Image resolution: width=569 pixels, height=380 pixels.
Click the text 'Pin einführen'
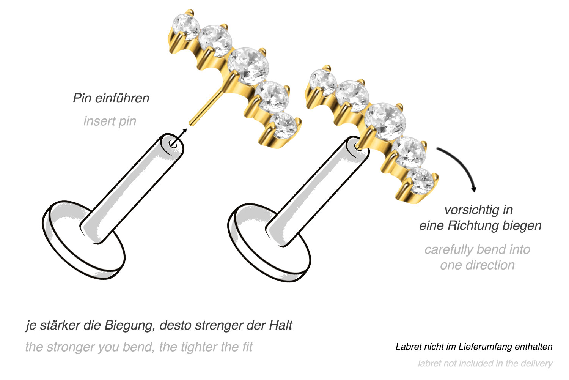pyautogui.click(x=111, y=98)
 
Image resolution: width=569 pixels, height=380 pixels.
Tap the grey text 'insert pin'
pyautogui.click(x=110, y=121)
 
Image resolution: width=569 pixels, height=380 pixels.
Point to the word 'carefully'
pyautogui.click(x=450, y=249)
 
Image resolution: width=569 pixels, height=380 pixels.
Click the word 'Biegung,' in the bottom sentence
pyautogui.click(x=130, y=325)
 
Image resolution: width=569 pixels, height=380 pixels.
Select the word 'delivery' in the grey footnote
pyautogui.click(x=537, y=363)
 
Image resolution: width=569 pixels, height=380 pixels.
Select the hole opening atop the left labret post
pyautogui.click(x=173, y=143)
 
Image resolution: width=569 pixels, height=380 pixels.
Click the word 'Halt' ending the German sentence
pyautogui.click(x=280, y=325)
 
